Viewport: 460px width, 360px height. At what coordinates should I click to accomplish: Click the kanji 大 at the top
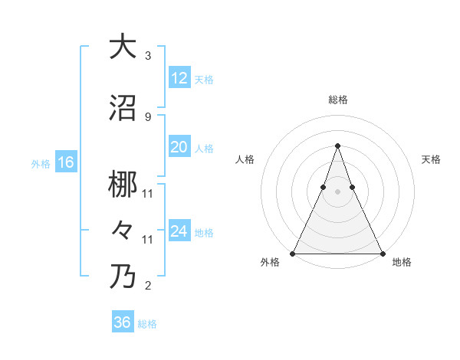123,47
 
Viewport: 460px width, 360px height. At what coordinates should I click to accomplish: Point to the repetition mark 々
123,228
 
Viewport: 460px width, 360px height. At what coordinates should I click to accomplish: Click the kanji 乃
123,276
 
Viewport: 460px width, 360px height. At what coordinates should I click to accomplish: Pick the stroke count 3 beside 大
147,56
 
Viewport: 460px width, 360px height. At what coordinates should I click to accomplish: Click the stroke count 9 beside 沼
147,116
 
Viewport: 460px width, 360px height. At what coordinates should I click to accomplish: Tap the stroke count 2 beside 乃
147,286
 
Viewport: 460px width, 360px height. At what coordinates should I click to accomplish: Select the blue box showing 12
179,78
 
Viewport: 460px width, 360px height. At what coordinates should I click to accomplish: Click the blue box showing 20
179,148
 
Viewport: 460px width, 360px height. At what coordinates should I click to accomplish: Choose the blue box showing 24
179,232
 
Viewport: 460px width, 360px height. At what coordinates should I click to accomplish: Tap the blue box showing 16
66,162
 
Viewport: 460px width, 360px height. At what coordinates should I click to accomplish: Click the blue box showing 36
123,322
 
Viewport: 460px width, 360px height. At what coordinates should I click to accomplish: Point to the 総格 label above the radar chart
337,100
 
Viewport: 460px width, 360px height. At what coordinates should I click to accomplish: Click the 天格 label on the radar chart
432,159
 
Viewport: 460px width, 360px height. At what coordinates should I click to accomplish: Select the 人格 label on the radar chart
245,159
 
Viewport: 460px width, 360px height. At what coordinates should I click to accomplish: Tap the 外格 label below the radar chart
269,263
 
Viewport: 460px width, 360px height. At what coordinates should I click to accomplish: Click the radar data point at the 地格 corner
382,253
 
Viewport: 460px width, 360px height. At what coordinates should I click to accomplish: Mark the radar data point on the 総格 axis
337,145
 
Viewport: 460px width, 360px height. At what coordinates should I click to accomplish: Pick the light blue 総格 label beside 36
147,324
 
